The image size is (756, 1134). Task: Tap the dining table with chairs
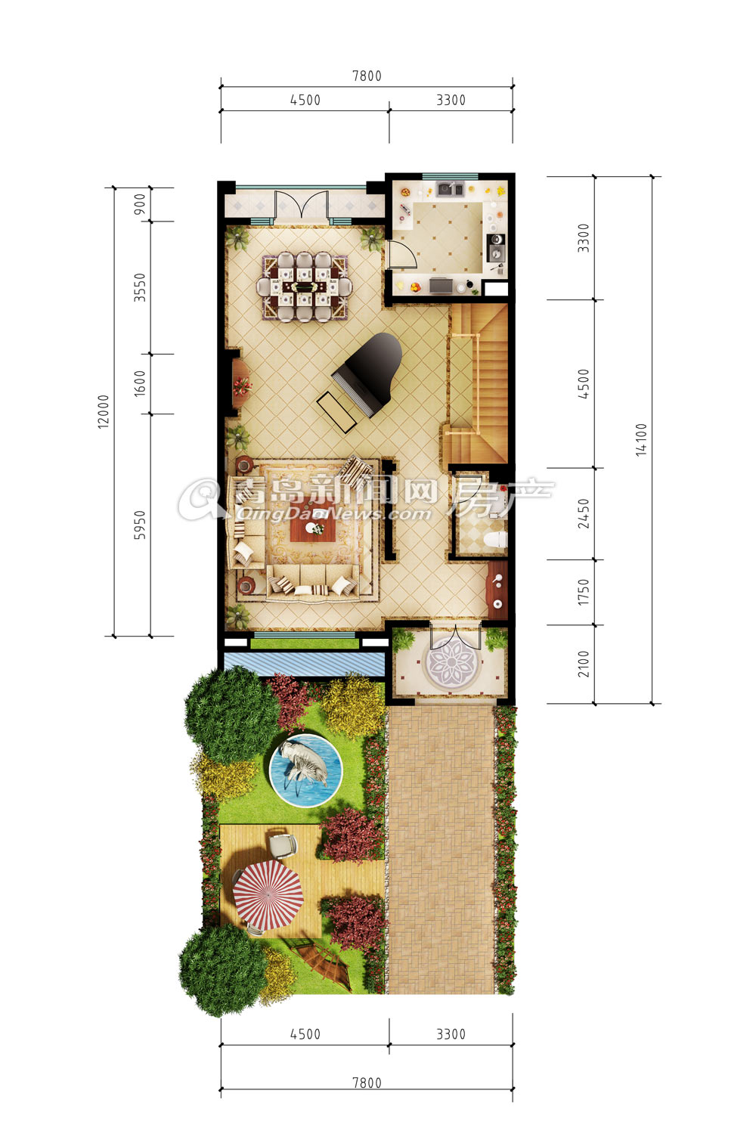pos(303,287)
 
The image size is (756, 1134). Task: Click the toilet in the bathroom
pos(496,540)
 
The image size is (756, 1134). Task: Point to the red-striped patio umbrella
pos(268,896)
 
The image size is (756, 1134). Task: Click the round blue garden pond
pos(306,770)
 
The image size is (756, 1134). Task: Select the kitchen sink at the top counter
pos(450,189)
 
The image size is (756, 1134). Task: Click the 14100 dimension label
pos(641,439)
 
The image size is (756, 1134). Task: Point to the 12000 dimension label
pos(104,411)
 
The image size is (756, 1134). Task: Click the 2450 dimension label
pos(584,513)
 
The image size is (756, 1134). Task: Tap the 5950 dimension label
pos(139,525)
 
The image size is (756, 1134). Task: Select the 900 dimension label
pos(139,204)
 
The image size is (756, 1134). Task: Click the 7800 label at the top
pos(367,76)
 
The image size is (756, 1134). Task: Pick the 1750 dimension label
pos(584,592)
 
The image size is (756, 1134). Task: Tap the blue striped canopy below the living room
pos(304,663)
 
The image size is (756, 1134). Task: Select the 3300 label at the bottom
pos(451,1033)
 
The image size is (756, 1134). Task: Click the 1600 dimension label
pos(139,383)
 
